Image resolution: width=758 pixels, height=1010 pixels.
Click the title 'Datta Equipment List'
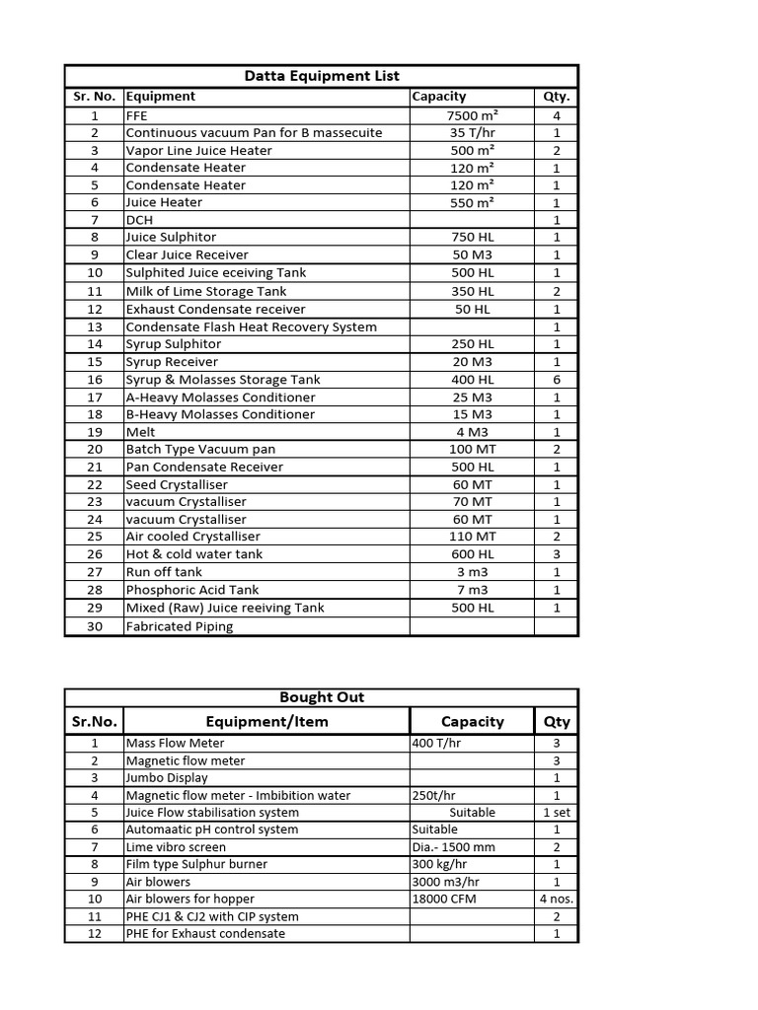coord(321,76)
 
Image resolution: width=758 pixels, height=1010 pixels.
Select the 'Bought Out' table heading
coord(321,697)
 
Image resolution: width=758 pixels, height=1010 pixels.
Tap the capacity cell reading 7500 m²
coord(471,115)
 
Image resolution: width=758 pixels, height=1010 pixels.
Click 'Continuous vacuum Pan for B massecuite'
coord(254,133)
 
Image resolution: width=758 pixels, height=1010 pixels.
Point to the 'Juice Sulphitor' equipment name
coord(171,238)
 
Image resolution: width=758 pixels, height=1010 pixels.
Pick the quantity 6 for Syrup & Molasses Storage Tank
coord(557,380)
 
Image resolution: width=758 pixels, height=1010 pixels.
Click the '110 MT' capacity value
coord(471,537)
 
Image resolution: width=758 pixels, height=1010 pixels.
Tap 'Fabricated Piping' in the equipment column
coord(180,626)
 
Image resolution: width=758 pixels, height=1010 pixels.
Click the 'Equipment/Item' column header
coord(266,722)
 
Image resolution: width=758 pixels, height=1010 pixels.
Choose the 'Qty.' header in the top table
coord(557,97)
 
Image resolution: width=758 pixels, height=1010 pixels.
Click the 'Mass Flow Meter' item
coord(175,743)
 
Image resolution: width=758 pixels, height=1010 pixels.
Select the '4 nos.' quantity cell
coord(557,899)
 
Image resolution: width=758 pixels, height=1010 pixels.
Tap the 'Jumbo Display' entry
coord(167,778)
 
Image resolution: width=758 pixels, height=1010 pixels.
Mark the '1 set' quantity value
coord(557,813)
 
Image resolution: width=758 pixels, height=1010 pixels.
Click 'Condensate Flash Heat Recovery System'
coord(251,327)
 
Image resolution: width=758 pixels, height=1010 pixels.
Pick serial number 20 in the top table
coord(95,449)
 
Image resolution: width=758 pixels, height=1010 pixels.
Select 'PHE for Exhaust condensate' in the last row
coord(205,934)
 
